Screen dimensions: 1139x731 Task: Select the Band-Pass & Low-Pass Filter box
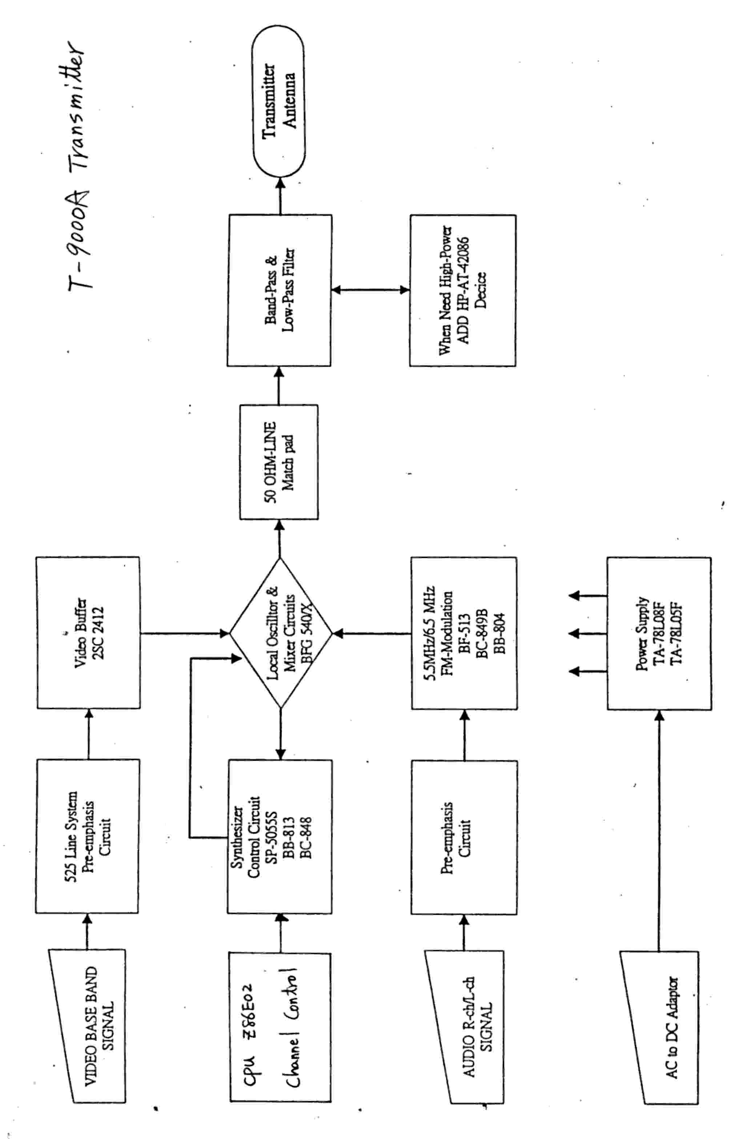pyautogui.click(x=279, y=290)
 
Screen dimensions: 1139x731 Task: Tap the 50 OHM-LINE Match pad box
pyautogui.click(x=279, y=461)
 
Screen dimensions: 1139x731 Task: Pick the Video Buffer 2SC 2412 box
pyautogui.click(x=88, y=633)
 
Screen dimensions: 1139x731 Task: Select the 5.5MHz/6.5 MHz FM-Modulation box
pyautogui.click(x=464, y=633)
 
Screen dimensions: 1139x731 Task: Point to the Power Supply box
pyautogui.click(x=659, y=633)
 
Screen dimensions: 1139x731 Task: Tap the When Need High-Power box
pyautogui.click(x=463, y=290)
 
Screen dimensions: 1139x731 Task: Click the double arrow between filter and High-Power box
pyautogui.click(x=370, y=290)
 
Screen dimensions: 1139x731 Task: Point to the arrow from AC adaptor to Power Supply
pyautogui.click(x=659, y=830)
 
